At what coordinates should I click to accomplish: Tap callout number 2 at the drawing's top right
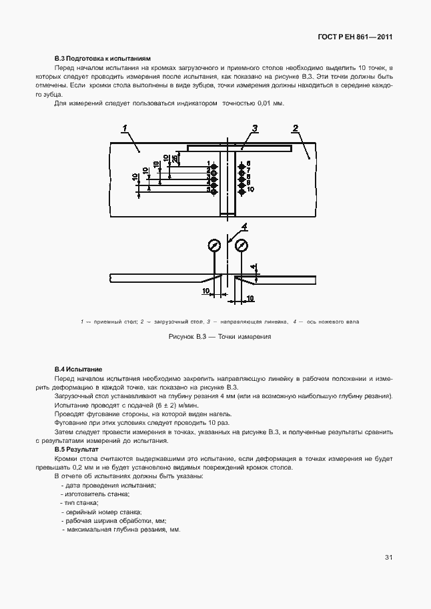296,127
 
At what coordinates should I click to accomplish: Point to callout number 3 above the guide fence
255,128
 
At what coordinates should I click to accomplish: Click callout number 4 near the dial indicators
245,227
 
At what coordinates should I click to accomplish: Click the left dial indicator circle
215,246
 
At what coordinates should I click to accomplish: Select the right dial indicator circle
242,246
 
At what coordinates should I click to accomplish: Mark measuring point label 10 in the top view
250,189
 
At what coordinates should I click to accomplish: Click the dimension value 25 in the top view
175,159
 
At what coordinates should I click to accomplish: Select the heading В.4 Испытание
77,369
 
